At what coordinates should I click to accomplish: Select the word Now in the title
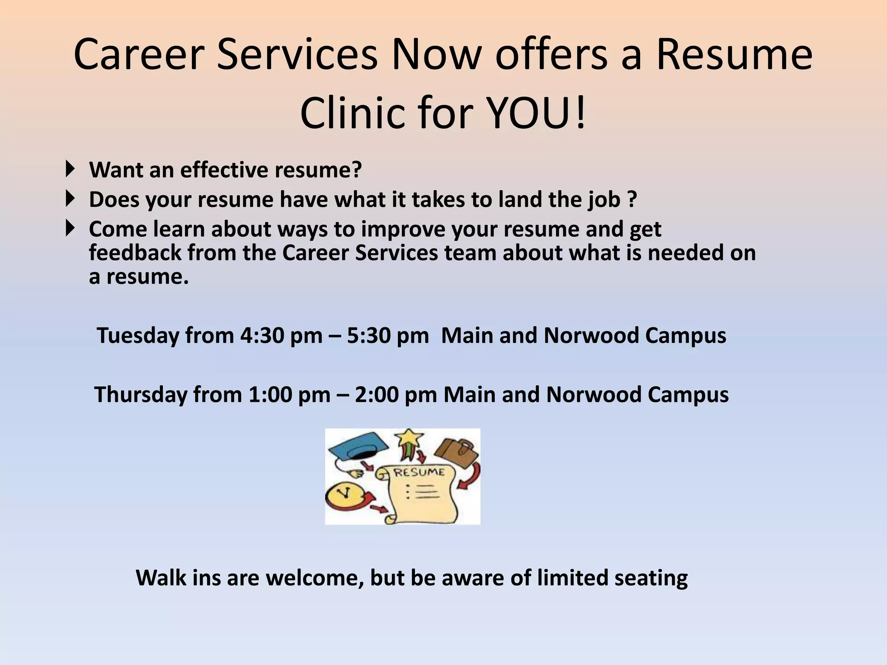(x=436, y=55)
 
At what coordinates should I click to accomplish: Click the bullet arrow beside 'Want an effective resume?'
(x=70, y=168)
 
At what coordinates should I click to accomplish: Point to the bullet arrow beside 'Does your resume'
(x=70, y=199)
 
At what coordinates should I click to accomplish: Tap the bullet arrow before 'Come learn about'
(x=70, y=228)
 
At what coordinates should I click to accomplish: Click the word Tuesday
(x=138, y=336)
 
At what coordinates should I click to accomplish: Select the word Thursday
(x=140, y=395)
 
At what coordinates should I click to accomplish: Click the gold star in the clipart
(x=410, y=438)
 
